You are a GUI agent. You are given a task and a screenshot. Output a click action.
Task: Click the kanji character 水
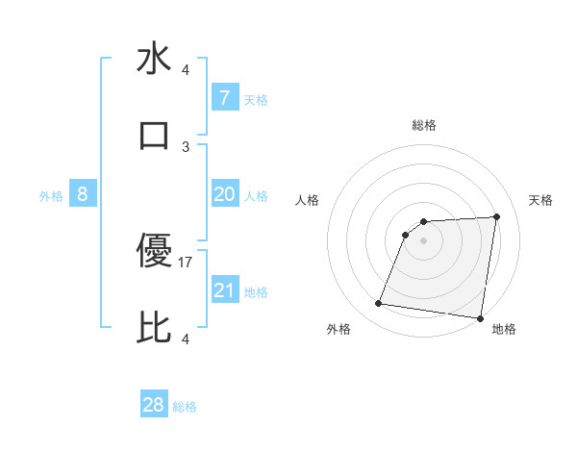tap(154, 60)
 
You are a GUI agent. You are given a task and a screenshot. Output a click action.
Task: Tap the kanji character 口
tap(154, 135)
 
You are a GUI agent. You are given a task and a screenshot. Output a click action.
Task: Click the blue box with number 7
tap(224, 98)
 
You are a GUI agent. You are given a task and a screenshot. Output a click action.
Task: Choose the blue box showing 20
tap(224, 194)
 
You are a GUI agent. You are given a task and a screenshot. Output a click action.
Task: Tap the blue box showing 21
tap(224, 290)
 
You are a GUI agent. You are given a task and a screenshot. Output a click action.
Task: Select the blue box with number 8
tap(83, 194)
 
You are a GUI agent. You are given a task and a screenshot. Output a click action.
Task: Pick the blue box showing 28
tap(154, 405)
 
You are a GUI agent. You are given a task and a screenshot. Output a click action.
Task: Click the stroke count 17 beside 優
tap(187, 262)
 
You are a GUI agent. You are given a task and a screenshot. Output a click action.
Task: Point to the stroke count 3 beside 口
tap(187, 146)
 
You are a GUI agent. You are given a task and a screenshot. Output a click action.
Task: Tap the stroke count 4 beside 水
tap(187, 70)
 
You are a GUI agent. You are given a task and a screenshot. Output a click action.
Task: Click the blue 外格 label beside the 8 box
tap(51, 196)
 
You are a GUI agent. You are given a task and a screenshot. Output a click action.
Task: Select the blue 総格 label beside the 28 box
tap(185, 407)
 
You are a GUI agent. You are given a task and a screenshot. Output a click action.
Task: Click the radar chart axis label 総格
tap(424, 125)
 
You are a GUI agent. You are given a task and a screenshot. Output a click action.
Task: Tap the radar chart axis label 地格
tap(504, 329)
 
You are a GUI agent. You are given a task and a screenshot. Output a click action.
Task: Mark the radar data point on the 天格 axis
tap(497, 216)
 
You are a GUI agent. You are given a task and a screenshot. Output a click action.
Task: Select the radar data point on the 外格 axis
tap(379, 304)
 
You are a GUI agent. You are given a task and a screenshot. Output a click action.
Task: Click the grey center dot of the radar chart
tap(424, 240)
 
